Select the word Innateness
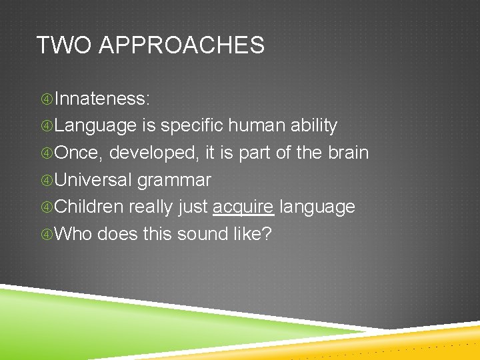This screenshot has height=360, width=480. (102, 99)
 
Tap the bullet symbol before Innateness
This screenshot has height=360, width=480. (47, 99)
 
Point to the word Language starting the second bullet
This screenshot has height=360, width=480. (95, 126)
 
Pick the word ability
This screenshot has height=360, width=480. (314, 126)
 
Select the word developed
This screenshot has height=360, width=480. (153, 153)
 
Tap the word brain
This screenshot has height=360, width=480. (348, 153)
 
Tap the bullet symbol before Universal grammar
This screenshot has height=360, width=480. (47, 181)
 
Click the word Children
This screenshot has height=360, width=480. (89, 207)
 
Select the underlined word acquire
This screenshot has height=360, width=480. (243, 207)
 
